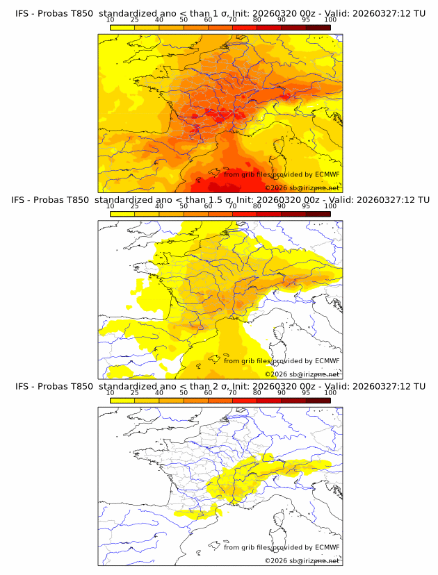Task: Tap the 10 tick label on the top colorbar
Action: pyautogui.click(x=111, y=19)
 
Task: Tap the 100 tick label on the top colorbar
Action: pyautogui.click(x=330, y=19)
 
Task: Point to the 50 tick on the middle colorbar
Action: pyautogui.click(x=184, y=206)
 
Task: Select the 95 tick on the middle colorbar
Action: pyautogui.click(x=306, y=206)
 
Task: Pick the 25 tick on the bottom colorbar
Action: pyautogui.click(x=135, y=392)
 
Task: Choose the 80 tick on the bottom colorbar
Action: pyautogui.click(x=257, y=392)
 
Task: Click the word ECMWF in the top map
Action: pyautogui.click(x=327, y=174)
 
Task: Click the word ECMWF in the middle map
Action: pyautogui.click(x=327, y=360)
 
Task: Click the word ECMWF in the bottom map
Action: pyautogui.click(x=327, y=547)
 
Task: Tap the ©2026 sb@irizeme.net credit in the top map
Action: pyautogui.click(x=302, y=188)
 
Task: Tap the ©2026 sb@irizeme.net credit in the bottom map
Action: pyautogui.click(x=302, y=560)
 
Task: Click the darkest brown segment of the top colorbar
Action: pyautogui.click(x=318, y=27)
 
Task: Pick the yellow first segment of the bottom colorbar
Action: pyautogui.click(x=122, y=400)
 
